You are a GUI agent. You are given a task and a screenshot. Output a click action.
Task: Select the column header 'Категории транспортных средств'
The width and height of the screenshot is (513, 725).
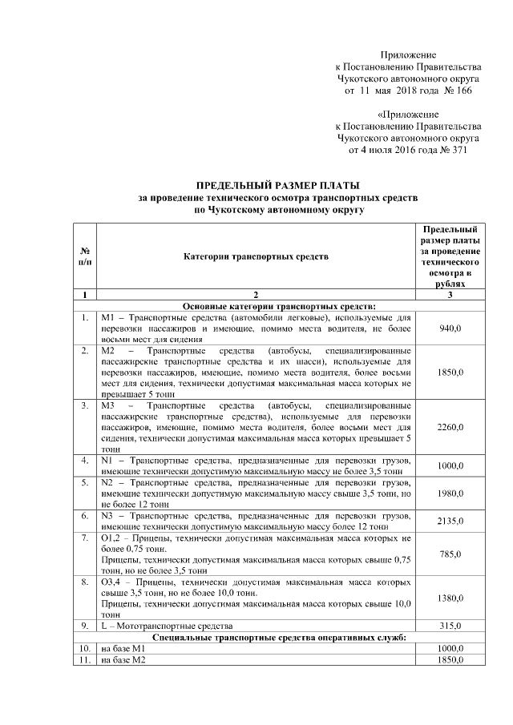[x=256, y=256]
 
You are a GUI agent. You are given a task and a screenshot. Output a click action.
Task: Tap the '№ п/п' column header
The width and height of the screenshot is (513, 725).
[x=84, y=256]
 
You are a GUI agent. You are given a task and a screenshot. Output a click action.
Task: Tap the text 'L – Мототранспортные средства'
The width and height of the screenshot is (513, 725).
[x=167, y=625]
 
